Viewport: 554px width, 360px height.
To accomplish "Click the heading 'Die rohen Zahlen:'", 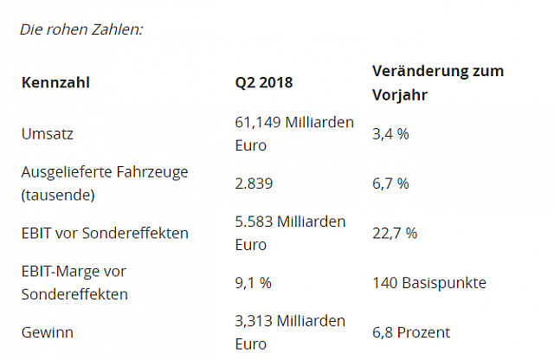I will pos(81,29).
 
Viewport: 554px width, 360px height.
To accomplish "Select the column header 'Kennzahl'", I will pos(55,83).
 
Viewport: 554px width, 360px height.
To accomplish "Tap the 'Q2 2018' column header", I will pos(264,83).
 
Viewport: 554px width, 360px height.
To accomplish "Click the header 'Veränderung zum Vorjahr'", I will pos(438,82).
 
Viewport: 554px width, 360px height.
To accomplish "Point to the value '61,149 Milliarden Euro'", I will pos(294,134).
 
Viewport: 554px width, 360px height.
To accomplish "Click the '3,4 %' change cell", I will pos(390,134).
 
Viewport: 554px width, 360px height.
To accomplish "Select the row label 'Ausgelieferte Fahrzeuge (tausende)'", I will pos(104,183).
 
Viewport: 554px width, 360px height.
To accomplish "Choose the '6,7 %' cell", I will pos(390,183).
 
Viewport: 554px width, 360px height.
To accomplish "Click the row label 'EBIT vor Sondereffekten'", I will pos(105,234).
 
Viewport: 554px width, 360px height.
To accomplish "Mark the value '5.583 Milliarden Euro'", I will pos(290,234).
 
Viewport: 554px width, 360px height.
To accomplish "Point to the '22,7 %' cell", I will pos(395,234).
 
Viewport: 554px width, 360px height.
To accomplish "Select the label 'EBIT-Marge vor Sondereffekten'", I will pos(75,283).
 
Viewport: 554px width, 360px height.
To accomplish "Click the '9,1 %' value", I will pos(254,283).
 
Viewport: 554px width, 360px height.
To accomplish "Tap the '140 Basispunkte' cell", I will pos(429,283).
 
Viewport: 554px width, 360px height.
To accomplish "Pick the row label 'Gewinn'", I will pos(47,333).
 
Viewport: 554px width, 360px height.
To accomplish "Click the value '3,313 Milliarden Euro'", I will pos(290,333).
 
